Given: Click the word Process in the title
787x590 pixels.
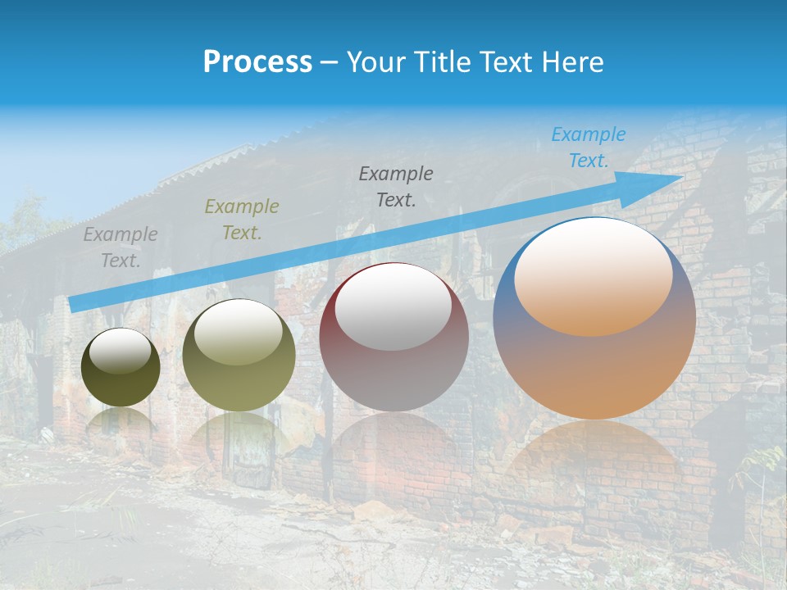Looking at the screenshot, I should coord(257,62).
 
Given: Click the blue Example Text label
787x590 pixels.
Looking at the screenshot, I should coord(588,147).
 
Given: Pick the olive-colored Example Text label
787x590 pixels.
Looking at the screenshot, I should coord(241,220).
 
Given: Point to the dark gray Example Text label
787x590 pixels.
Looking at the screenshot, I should coord(396,186).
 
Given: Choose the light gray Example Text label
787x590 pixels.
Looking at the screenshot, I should coord(120,247).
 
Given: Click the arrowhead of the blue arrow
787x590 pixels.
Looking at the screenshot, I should coord(668,179).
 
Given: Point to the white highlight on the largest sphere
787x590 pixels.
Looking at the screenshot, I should coord(593,275).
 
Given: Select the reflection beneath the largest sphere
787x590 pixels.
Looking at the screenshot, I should coord(594,459).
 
